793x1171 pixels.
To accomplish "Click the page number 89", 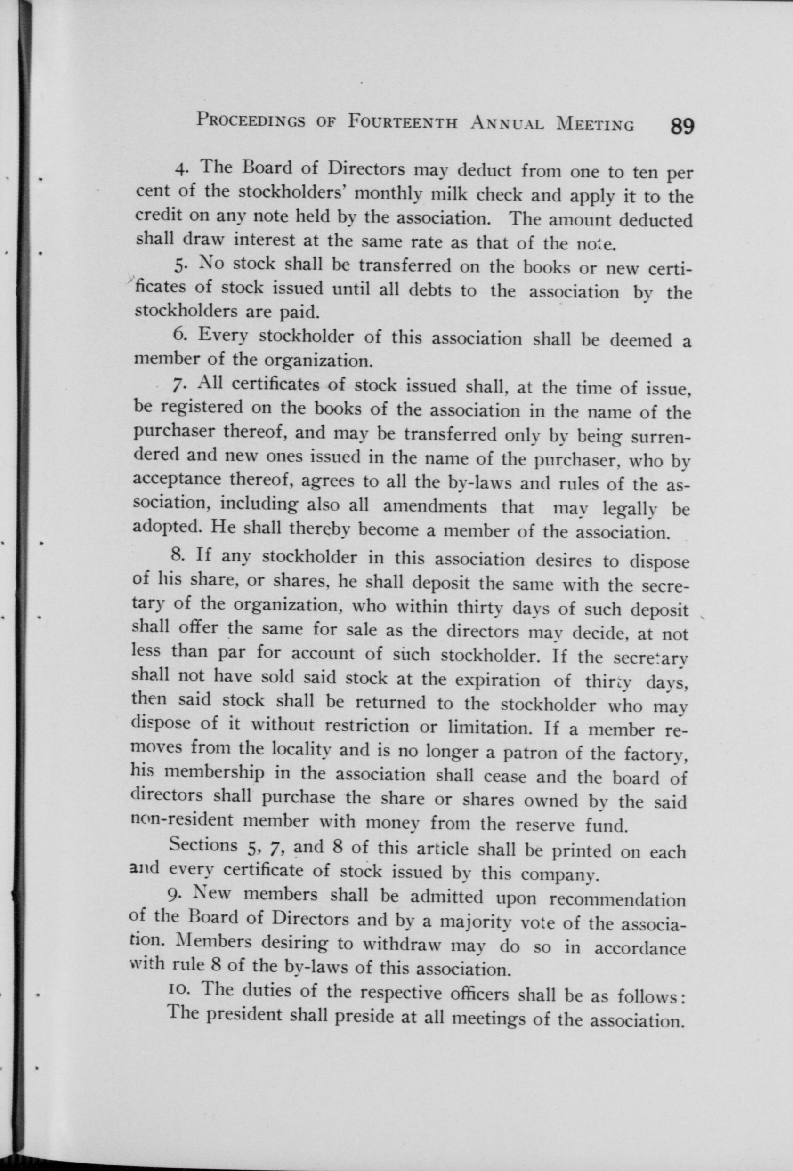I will [x=680, y=126].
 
